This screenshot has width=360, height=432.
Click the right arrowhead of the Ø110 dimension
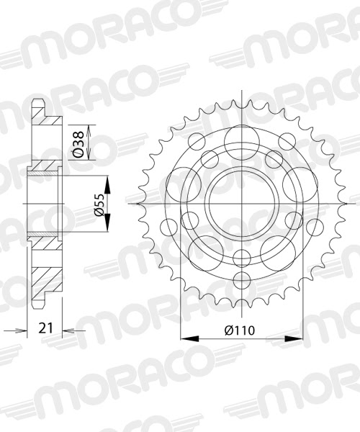point(295,337)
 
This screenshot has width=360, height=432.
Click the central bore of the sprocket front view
point(239,204)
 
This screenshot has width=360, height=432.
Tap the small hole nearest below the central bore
point(239,256)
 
